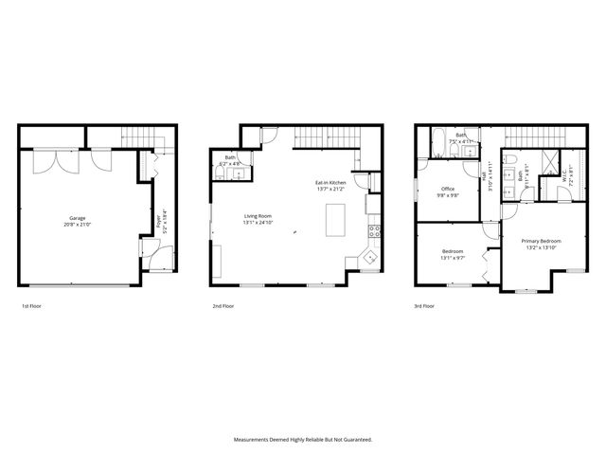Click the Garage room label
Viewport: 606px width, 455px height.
pos(78,217)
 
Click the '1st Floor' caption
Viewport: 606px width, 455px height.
pos(31,307)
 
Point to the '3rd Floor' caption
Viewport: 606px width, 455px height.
pos(425,307)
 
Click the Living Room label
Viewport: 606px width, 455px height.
pos(258,216)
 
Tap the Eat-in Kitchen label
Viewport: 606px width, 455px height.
pos(331,181)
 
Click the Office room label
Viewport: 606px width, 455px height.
pos(447,189)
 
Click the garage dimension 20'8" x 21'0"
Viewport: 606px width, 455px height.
pos(78,225)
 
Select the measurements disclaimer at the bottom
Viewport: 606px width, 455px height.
pos(303,439)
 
